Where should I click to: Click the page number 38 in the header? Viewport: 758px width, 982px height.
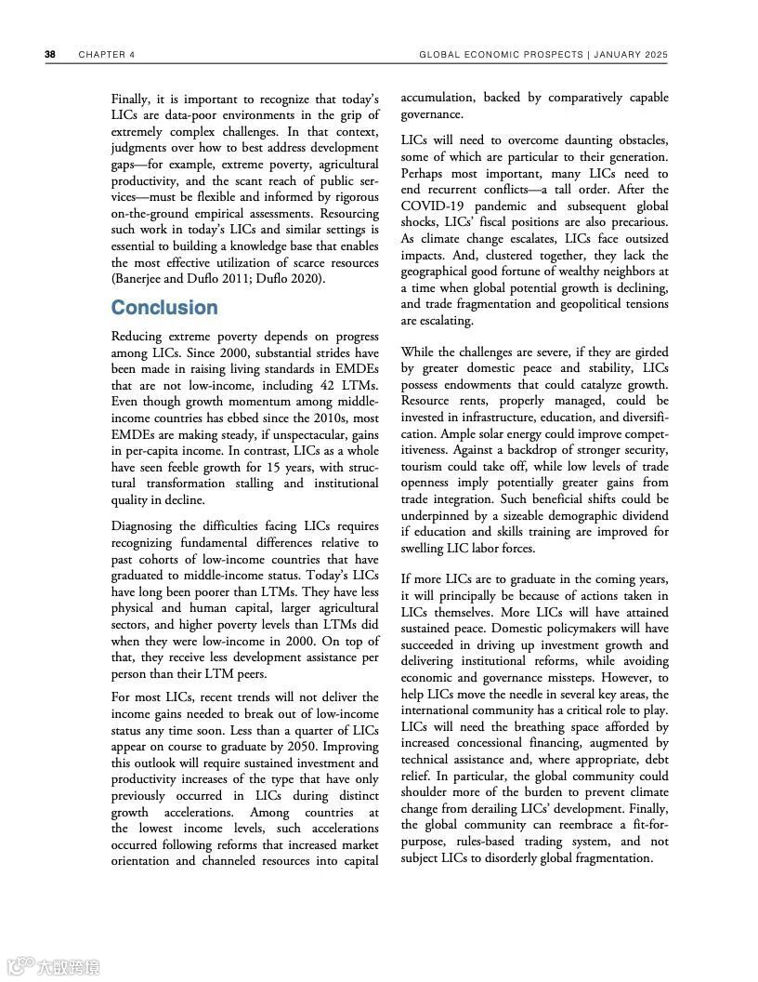50,54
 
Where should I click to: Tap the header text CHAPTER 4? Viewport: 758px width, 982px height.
107,54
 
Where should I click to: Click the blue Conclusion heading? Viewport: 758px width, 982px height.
164,308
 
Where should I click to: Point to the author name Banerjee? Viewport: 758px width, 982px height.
139,279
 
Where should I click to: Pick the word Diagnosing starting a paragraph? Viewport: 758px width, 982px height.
140,526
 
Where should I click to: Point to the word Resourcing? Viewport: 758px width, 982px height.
343,213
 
